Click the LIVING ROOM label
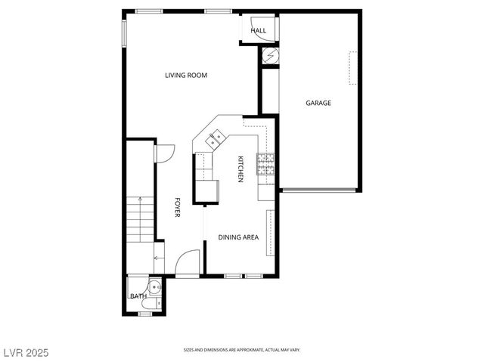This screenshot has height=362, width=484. (x=186, y=75)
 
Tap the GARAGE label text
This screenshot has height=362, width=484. (x=318, y=103)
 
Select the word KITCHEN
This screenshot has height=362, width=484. (x=240, y=169)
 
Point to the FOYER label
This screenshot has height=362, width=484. (x=178, y=208)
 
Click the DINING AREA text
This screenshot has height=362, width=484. (x=238, y=237)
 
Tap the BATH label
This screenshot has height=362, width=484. (x=138, y=296)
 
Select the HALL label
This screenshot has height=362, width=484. (x=259, y=31)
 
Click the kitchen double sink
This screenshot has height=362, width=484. (x=216, y=138)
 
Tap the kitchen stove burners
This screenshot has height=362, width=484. (x=265, y=163)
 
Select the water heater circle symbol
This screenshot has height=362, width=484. (x=271, y=55)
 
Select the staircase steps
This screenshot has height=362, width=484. (x=139, y=219)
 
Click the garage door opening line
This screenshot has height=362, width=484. (x=319, y=190)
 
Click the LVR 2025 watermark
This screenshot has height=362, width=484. (x=26, y=352)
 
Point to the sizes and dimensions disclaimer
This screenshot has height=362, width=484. (x=242, y=351)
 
